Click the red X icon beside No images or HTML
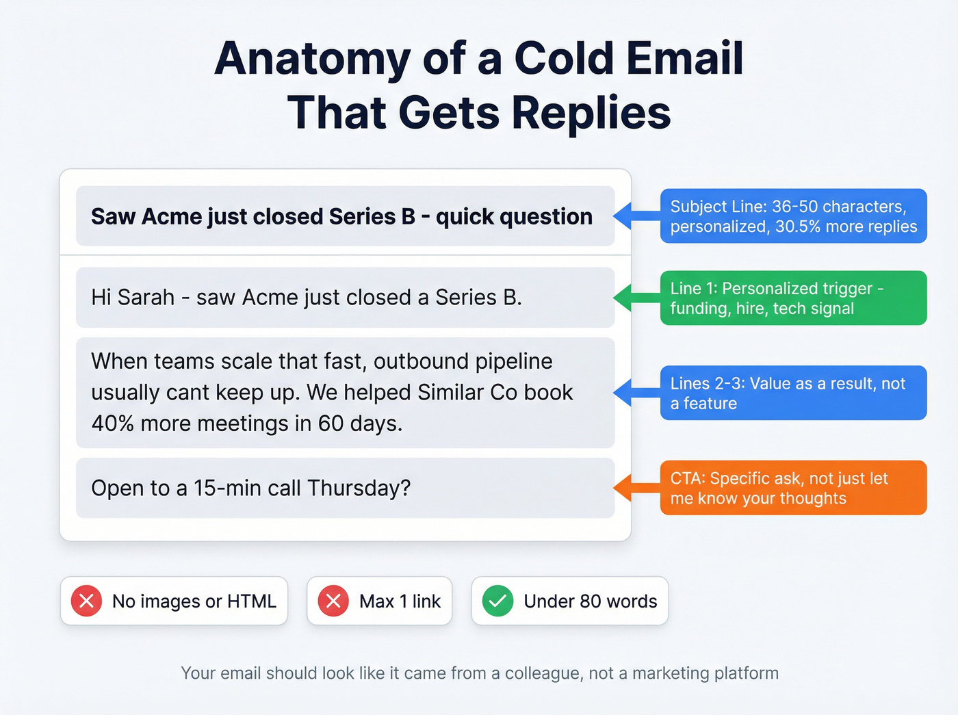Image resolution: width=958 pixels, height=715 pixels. [87, 601]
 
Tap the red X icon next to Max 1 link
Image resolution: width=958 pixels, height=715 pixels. [333, 601]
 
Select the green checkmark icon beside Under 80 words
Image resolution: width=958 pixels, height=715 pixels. [497, 601]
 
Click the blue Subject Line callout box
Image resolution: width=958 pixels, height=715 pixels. [793, 216]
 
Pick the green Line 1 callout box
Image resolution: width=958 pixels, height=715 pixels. [793, 298]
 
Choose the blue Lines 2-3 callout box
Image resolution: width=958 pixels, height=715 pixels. [793, 393]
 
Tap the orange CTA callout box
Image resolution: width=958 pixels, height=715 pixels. [793, 488]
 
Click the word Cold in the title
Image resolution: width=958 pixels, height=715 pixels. [564, 59]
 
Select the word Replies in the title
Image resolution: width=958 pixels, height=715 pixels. [591, 113]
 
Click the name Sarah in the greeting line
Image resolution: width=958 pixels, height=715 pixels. [146, 298]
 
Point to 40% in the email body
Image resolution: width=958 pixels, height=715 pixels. [112, 424]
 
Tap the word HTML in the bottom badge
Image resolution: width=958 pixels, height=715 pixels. [252, 601]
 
